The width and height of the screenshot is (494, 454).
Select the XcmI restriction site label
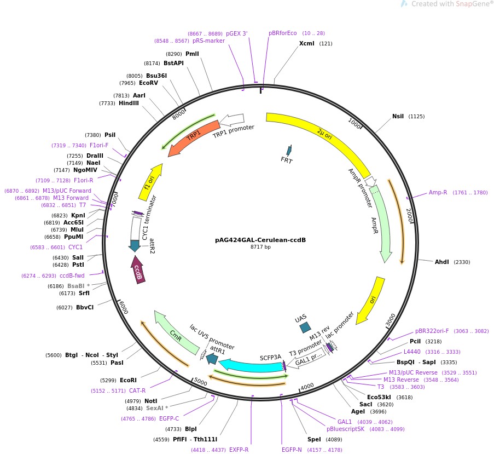click(x=307, y=43)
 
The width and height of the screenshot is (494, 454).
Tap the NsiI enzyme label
click(x=398, y=116)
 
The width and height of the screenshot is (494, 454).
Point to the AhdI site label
click(x=441, y=262)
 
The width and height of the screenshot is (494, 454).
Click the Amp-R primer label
click(x=438, y=192)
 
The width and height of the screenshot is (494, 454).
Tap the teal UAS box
click(x=305, y=327)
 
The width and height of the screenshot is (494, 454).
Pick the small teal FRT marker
click(x=289, y=151)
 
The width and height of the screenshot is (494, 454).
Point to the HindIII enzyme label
click(x=129, y=103)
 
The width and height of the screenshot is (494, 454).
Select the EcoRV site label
click(x=148, y=83)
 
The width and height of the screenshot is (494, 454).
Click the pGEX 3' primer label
click(x=236, y=33)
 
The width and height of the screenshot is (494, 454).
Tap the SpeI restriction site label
click(x=314, y=439)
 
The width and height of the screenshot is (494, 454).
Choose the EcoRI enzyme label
click(x=128, y=380)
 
